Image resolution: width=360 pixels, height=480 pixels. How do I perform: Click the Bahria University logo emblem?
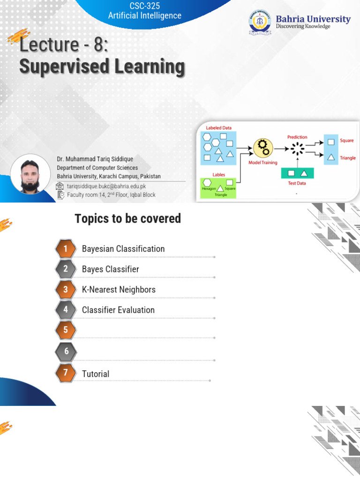pyautogui.click(x=260, y=23)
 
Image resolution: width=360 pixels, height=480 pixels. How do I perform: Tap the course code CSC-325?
pyautogui.click(x=144, y=6)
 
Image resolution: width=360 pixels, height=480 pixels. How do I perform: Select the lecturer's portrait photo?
pyautogui.click(x=30, y=174)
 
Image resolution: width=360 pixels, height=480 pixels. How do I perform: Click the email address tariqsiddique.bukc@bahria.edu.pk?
pyautogui.click(x=106, y=186)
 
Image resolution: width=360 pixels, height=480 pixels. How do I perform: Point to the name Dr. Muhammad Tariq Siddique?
pyautogui.click(x=95, y=159)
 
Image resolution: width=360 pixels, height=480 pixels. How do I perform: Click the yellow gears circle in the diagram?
pyautogui.click(x=263, y=148)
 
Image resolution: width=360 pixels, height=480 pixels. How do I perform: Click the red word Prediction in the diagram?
pyautogui.click(x=297, y=137)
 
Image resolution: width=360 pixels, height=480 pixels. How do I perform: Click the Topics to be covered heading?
pyautogui.click(x=127, y=218)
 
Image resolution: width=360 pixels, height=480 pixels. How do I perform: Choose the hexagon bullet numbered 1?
pyautogui.click(x=66, y=249)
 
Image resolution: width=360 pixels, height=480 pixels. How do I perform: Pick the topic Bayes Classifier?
pyautogui.click(x=110, y=269)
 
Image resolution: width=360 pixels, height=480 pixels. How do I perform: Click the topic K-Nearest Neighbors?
pyautogui.click(x=119, y=290)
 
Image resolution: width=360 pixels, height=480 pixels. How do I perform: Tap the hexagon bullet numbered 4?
pyautogui.click(x=66, y=310)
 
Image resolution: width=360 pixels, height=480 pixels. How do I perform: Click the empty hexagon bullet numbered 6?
pyautogui.click(x=66, y=351)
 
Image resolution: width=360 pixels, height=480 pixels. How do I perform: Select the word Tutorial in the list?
pyautogui.click(x=96, y=374)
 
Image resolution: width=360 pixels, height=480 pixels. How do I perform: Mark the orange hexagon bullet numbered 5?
pyautogui.click(x=66, y=330)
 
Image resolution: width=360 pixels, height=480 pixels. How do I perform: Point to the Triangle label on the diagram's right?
pyautogui.click(x=347, y=158)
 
